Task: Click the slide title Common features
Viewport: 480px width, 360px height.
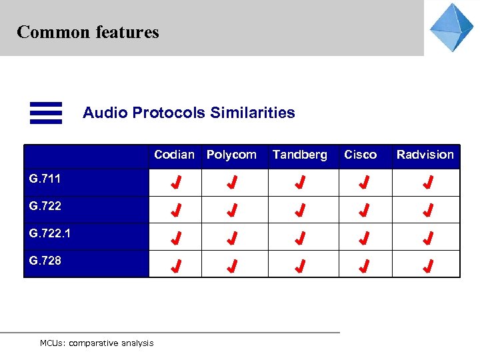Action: pyautogui.click(x=88, y=32)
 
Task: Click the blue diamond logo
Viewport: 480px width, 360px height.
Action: pyautogui.click(x=451, y=28)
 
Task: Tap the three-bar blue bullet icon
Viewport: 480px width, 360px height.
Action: pyautogui.click(x=46, y=113)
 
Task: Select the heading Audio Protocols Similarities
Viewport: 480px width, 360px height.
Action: pyautogui.click(x=189, y=113)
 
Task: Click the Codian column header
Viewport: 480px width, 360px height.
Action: pyautogui.click(x=174, y=155)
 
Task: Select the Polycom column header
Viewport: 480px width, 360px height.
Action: pyautogui.click(x=231, y=155)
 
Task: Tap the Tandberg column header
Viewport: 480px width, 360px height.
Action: pyautogui.click(x=300, y=155)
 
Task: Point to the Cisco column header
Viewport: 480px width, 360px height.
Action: pyautogui.click(x=360, y=155)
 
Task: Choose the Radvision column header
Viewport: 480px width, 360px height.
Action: pyautogui.click(x=425, y=155)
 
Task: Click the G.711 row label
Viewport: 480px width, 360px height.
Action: pyautogui.click(x=45, y=179)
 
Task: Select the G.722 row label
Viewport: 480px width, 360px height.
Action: pyautogui.click(x=45, y=206)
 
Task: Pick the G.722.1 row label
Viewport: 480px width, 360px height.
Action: pyautogui.click(x=50, y=233)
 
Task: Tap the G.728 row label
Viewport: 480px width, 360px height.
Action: pyautogui.click(x=45, y=261)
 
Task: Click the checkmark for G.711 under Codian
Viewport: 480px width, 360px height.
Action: pyautogui.click(x=175, y=182)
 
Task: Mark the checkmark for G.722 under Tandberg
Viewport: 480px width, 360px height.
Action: pyautogui.click(x=301, y=211)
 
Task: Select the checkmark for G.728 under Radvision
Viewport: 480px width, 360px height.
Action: pyautogui.click(x=428, y=267)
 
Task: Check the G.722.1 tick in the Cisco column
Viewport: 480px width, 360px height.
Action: pyautogui.click(x=364, y=239)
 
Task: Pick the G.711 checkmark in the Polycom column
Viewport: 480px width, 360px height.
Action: pyautogui.click(x=231, y=182)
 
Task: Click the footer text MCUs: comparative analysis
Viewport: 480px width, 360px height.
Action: pyautogui.click(x=97, y=343)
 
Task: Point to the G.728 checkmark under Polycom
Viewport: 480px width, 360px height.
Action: pyautogui.click(x=231, y=267)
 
